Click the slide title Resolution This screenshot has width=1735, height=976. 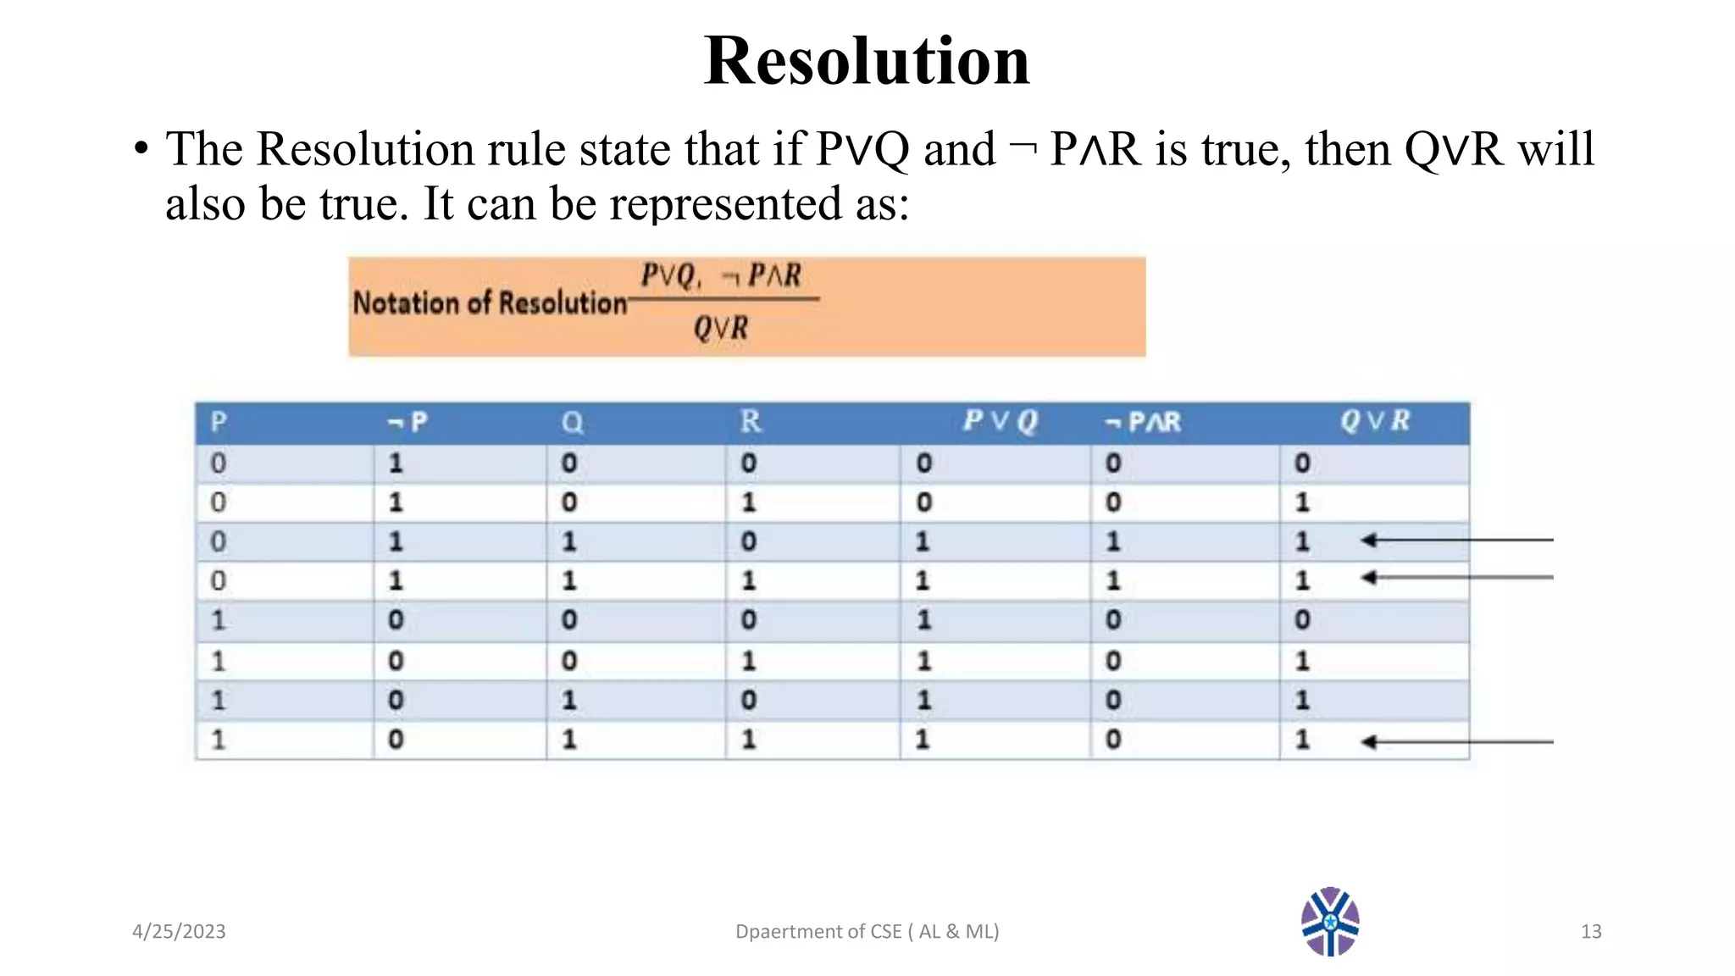pyautogui.click(x=867, y=61)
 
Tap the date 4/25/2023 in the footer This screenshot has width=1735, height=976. pyautogui.click(x=179, y=931)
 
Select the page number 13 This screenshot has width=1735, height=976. pyautogui.click(x=1590, y=931)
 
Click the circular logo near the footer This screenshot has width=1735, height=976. pyautogui.click(x=1330, y=922)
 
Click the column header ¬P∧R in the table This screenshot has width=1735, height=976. pyautogui.click(x=1143, y=422)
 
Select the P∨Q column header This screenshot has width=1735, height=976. pyautogui.click(x=1000, y=421)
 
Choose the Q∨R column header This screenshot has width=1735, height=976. pyautogui.click(x=1374, y=421)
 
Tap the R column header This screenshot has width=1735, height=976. pyautogui.click(x=750, y=421)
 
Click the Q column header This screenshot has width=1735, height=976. pyautogui.click(x=572, y=422)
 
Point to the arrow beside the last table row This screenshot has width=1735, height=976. pyautogui.click(x=1457, y=742)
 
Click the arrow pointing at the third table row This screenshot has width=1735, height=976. pyautogui.click(x=1457, y=540)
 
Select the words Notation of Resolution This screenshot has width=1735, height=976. pyautogui.click(x=490, y=303)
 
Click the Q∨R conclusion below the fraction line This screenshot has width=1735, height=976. pyautogui.click(x=721, y=328)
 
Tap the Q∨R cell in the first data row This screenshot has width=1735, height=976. pyautogui.click(x=1302, y=463)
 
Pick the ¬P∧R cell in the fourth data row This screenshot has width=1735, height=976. pyautogui.click(x=1113, y=580)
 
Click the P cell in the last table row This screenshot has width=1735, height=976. pyautogui.click(x=219, y=740)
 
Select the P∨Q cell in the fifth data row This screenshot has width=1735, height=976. pyautogui.click(x=923, y=620)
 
